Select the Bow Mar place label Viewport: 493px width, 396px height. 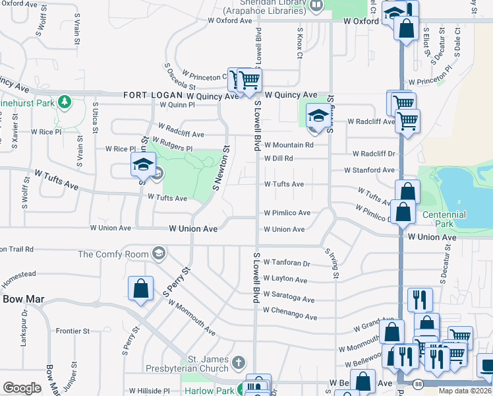23,299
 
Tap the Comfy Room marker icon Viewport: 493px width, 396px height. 158,253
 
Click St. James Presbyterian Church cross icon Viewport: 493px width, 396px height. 239,362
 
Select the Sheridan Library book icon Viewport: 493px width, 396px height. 318,6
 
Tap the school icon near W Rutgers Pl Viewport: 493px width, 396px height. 142,164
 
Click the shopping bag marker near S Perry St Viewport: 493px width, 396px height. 141,288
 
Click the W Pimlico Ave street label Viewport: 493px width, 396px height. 287,213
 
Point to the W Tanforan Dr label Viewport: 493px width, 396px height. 287,263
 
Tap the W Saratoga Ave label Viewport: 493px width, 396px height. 289,294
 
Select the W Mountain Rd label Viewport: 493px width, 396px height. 289,145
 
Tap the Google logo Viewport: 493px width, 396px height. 22,387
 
